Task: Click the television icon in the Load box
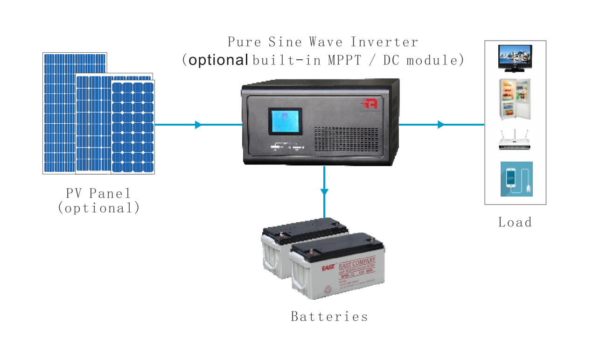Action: pos(515,58)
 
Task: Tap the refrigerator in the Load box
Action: pos(515,99)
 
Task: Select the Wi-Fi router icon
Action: pos(515,141)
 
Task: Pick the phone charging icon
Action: pos(516,179)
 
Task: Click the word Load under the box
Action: pos(515,222)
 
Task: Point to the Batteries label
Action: pos(329,317)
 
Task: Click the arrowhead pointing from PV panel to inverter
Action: pos(198,125)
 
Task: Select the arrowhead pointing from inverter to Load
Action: pos(440,125)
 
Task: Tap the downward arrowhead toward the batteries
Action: pos(324,191)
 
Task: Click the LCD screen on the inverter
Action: pos(285,121)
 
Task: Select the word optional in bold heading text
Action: pos(218,60)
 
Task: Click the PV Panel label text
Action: pos(98,193)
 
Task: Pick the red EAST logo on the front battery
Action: pos(301,268)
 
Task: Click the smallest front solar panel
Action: pos(133,127)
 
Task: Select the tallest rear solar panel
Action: pos(59,112)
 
